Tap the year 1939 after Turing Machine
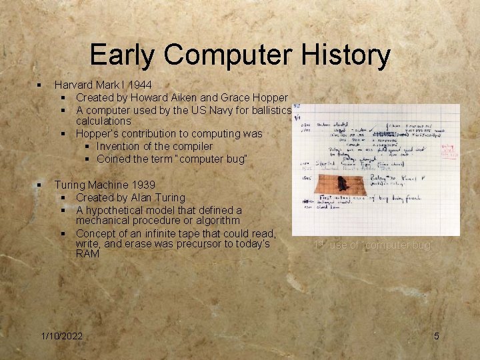[x=143, y=185]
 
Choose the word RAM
[x=88, y=254]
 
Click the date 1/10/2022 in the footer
[x=61, y=336]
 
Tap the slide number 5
[x=437, y=336]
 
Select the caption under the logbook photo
[x=374, y=245]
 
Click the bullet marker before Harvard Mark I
[x=40, y=85]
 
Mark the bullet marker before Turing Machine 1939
[x=40, y=185]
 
